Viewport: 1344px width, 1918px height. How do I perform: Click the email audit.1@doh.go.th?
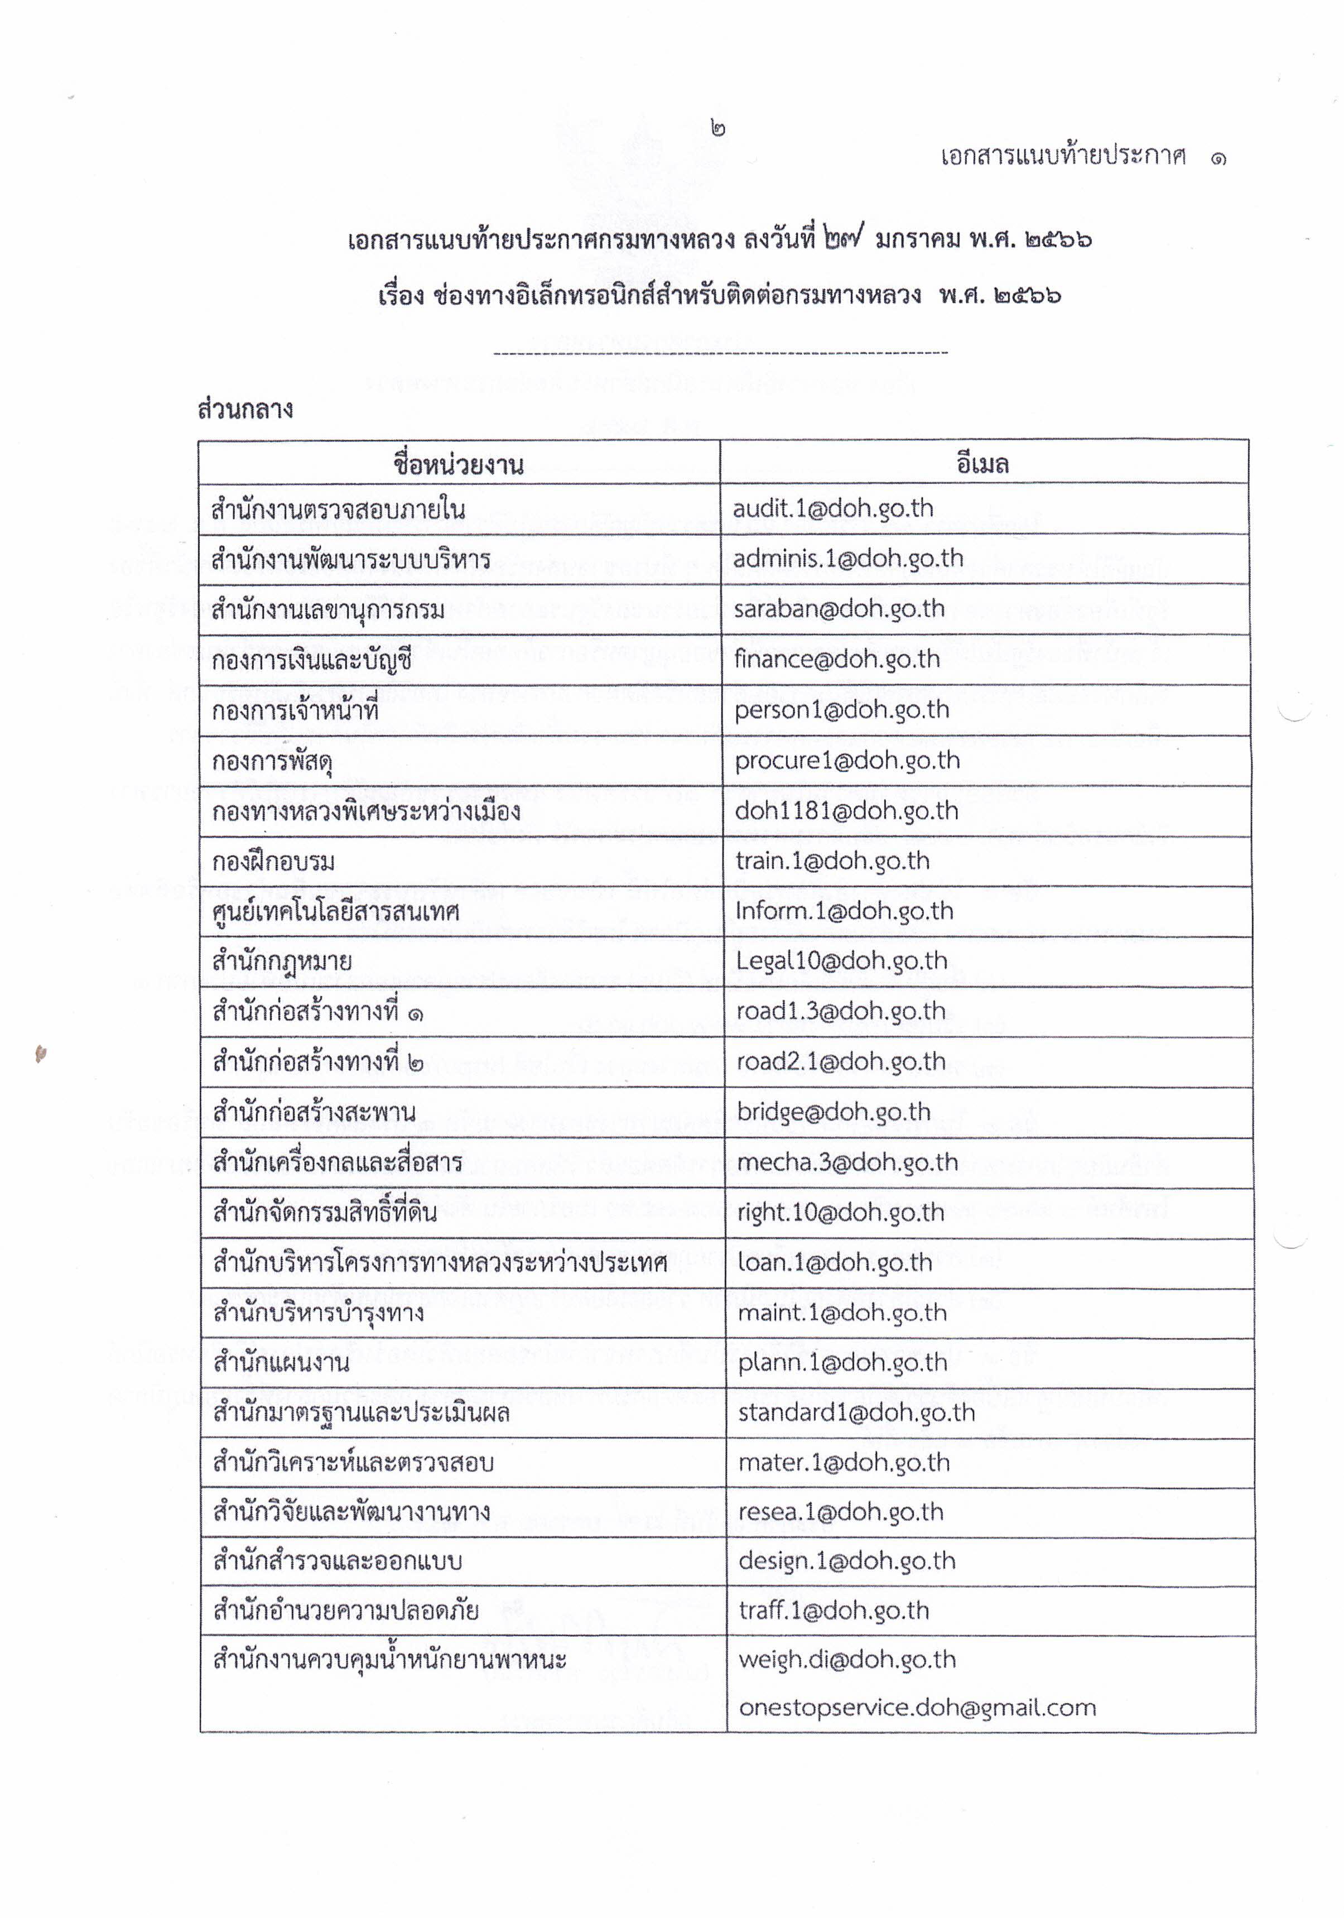pyautogui.click(x=832, y=509)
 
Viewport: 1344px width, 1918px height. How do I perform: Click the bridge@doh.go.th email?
pyautogui.click(x=833, y=1112)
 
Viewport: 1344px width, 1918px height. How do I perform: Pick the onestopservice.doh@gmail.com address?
pyautogui.click(x=916, y=1707)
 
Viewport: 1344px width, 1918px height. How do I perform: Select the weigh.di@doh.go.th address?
pyautogui.click(x=846, y=1659)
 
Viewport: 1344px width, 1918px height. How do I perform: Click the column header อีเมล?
pyautogui.click(x=982, y=464)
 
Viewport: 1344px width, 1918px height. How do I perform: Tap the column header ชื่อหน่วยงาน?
pyautogui.click(x=459, y=464)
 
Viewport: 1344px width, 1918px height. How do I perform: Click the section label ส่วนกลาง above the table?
pyautogui.click(x=245, y=410)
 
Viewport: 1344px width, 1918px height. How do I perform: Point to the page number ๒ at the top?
pyautogui.click(x=717, y=129)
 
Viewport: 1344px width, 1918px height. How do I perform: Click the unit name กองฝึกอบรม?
pyautogui.click(x=273, y=861)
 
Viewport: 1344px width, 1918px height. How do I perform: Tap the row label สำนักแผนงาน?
pyautogui.click(x=281, y=1363)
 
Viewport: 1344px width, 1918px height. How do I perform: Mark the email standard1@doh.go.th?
pyautogui.click(x=856, y=1412)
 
